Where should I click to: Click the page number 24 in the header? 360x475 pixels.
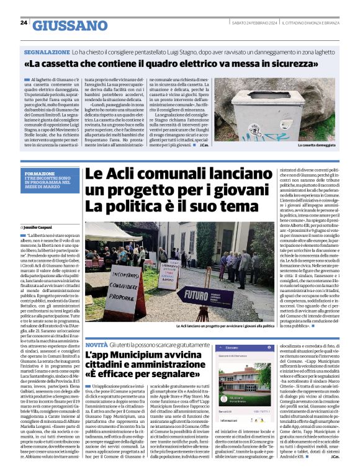(x=24, y=23)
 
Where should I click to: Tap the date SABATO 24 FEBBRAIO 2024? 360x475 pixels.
(x=259, y=23)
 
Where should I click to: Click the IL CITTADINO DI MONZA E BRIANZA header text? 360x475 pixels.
(x=313, y=23)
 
